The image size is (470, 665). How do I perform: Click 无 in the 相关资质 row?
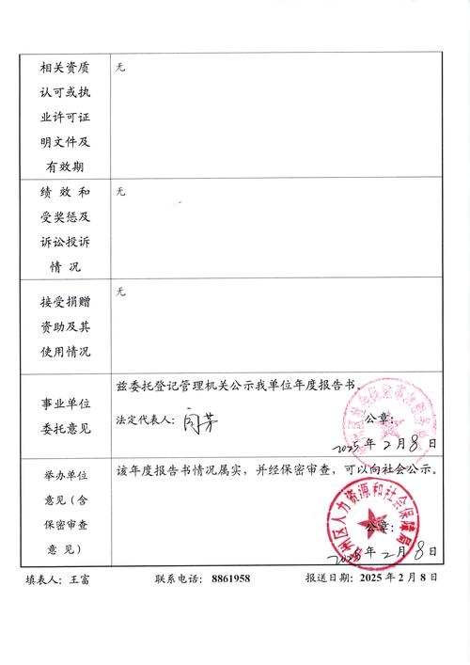[119, 69]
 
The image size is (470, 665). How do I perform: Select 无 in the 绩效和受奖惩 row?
[119, 192]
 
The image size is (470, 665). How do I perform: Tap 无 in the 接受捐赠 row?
[119, 293]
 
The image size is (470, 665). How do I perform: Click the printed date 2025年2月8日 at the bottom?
[399, 579]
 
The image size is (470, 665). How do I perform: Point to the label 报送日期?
[328, 579]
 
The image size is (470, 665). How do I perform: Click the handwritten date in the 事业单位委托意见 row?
[387, 441]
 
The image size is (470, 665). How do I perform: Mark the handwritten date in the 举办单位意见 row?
[393, 549]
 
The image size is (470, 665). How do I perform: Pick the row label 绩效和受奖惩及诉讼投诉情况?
[64, 230]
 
